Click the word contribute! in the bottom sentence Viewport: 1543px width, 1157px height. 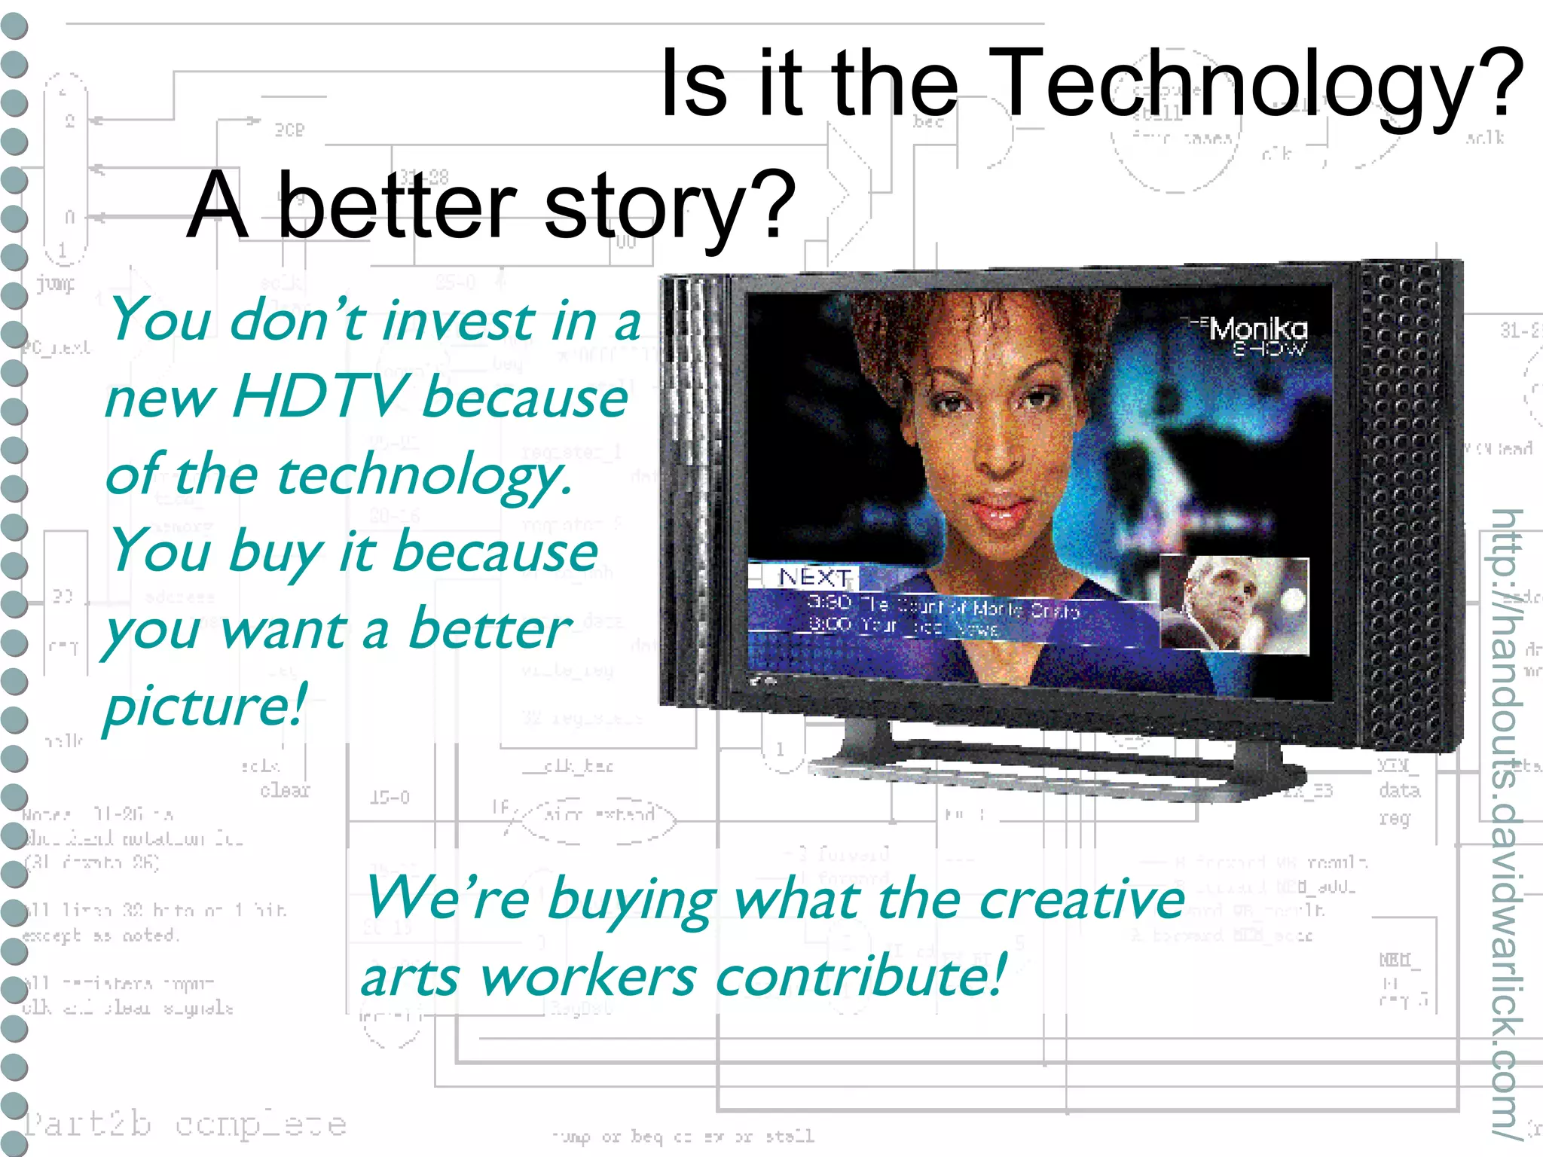[859, 976]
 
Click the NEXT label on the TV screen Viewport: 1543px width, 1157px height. [814, 578]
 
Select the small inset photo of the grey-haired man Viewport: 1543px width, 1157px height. [1233, 604]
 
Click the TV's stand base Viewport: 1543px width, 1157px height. [1055, 776]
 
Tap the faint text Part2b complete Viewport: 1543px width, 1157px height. [185, 1125]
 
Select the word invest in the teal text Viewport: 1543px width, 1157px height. [460, 321]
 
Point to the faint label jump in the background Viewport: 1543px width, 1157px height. [56, 284]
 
